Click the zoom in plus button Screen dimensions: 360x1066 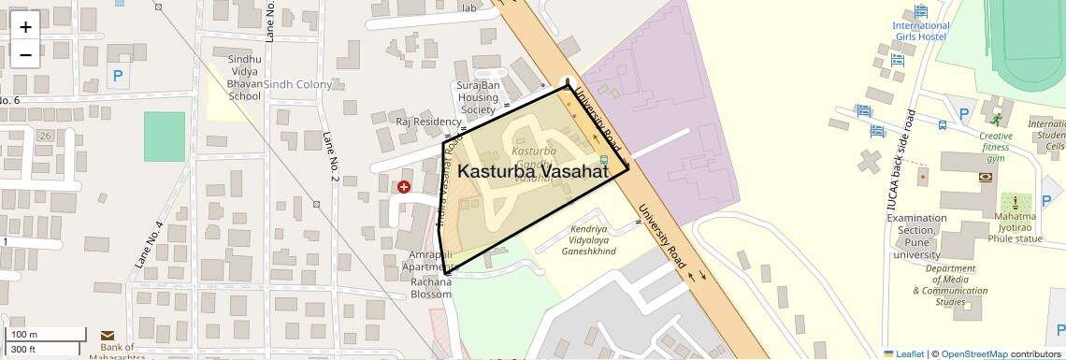(x=25, y=26)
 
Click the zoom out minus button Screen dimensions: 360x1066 (x=25, y=54)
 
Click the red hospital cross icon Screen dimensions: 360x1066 (x=404, y=187)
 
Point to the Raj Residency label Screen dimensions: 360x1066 (x=428, y=122)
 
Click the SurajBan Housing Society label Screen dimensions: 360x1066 (x=478, y=97)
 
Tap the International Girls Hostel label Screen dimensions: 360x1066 (x=920, y=31)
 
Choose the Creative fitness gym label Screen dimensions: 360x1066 (x=996, y=147)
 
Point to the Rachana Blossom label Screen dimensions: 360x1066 (x=431, y=288)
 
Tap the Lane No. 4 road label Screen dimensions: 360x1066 (x=149, y=245)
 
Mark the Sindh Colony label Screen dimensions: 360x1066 (x=297, y=85)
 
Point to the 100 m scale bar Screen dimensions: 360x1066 (x=47, y=335)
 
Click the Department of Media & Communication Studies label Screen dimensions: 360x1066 (x=950, y=285)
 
